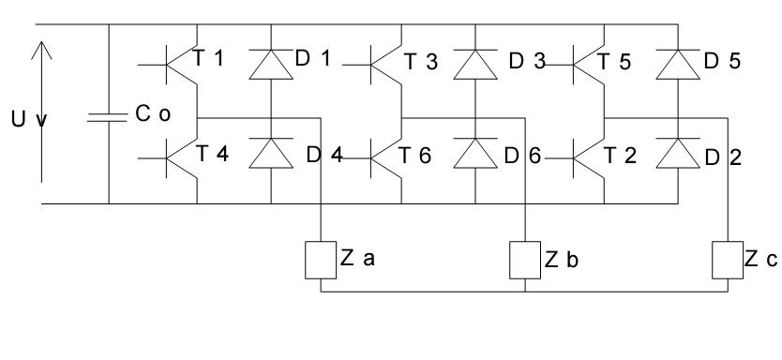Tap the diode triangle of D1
click(271, 65)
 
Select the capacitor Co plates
click(107, 118)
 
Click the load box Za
click(321, 260)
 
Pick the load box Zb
click(525, 260)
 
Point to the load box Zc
click(728, 260)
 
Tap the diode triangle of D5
click(678, 65)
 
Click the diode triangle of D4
click(271, 153)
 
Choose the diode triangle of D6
click(475, 153)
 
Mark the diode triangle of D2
click(678, 153)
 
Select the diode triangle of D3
click(475, 65)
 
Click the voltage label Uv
click(29, 120)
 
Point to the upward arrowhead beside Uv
click(41, 51)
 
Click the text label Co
click(153, 113)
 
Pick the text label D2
click(723, 157)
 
